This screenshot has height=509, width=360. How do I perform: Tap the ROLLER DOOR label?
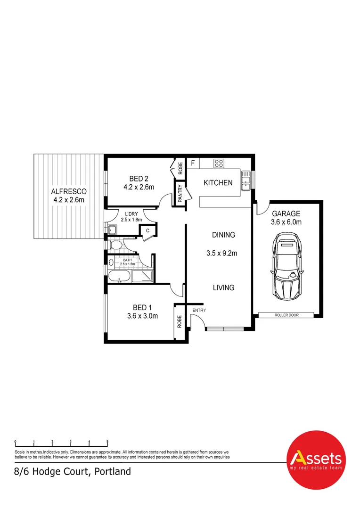click(287, 315)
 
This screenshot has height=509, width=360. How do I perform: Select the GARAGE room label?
click(286, 213)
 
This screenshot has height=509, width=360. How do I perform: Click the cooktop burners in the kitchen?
click(219, 164)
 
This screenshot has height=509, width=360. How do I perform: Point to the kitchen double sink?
click(245, 181)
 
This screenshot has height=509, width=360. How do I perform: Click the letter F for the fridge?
click(192, 164)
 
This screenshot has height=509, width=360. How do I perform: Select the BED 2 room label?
click(139, 178)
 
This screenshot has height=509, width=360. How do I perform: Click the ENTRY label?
click(199, 310)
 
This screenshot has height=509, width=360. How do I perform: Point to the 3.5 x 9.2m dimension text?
click(221, 253)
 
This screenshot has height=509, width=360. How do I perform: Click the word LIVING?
click(223, 287)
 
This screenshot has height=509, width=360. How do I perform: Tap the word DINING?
click(223, 235)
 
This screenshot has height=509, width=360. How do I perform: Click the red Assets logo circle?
click(316, 460)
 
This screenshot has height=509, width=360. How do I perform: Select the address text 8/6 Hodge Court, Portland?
click(72, 471)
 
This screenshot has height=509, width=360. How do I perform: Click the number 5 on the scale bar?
click(107, 442)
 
